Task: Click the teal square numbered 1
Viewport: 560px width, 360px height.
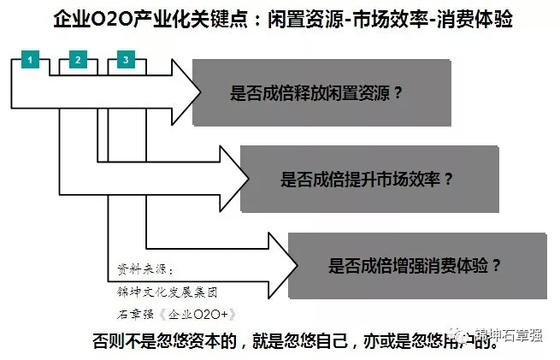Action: pos(31,60)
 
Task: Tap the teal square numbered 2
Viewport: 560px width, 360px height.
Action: pos(78,60)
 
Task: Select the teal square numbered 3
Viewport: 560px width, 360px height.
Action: pos(126,60)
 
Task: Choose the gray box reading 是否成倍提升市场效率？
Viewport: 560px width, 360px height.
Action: pos(368,179)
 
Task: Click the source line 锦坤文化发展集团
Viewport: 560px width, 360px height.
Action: pos(167,292)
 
